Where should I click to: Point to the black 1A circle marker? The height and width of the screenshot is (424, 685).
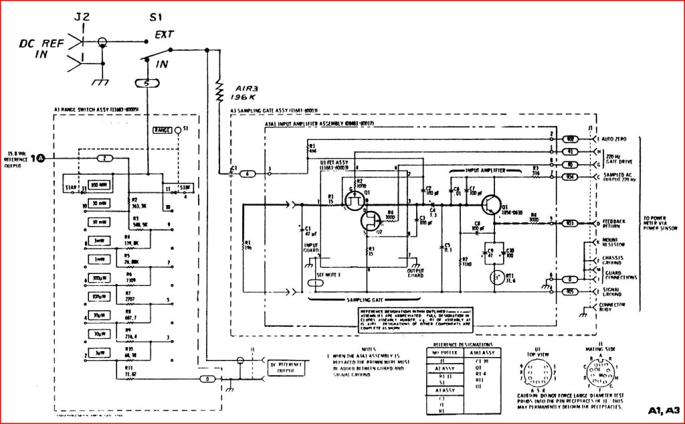pyautogui.click(x=41, y=158)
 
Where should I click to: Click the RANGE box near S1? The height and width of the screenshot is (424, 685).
pyautogui.click(x=163, y=129)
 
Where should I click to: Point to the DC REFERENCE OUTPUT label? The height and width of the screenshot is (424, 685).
pyautogui.click(x=287, y=365)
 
